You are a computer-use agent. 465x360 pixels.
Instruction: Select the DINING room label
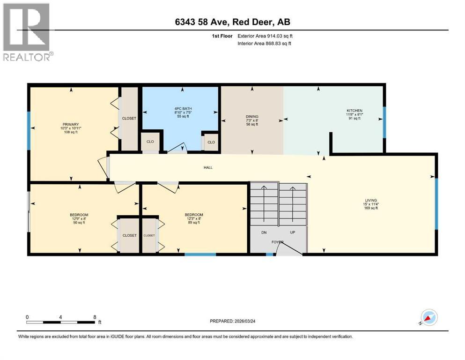[252, 117]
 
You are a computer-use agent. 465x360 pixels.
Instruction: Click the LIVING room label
[371, 200]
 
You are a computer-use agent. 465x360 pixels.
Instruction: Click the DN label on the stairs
[264, 232]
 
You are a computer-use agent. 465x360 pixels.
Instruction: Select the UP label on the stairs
[293, 232]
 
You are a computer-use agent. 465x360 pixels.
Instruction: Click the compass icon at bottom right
[429, 318]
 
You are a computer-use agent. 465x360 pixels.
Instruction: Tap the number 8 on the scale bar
[95, 317]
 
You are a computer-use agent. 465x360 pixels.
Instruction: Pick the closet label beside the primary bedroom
[129, 119]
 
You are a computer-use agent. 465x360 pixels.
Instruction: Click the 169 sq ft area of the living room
[371, 208]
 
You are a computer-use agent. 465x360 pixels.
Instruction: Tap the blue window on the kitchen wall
[384, 122]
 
